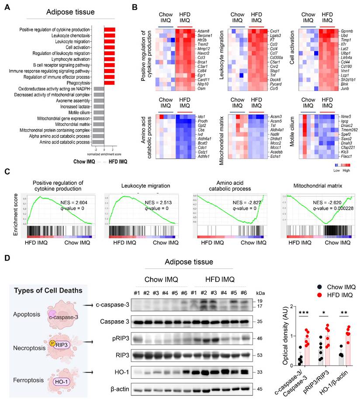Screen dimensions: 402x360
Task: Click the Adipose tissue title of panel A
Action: click(x=71, y=12)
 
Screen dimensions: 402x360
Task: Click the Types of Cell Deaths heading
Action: click(x=41, y=291)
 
